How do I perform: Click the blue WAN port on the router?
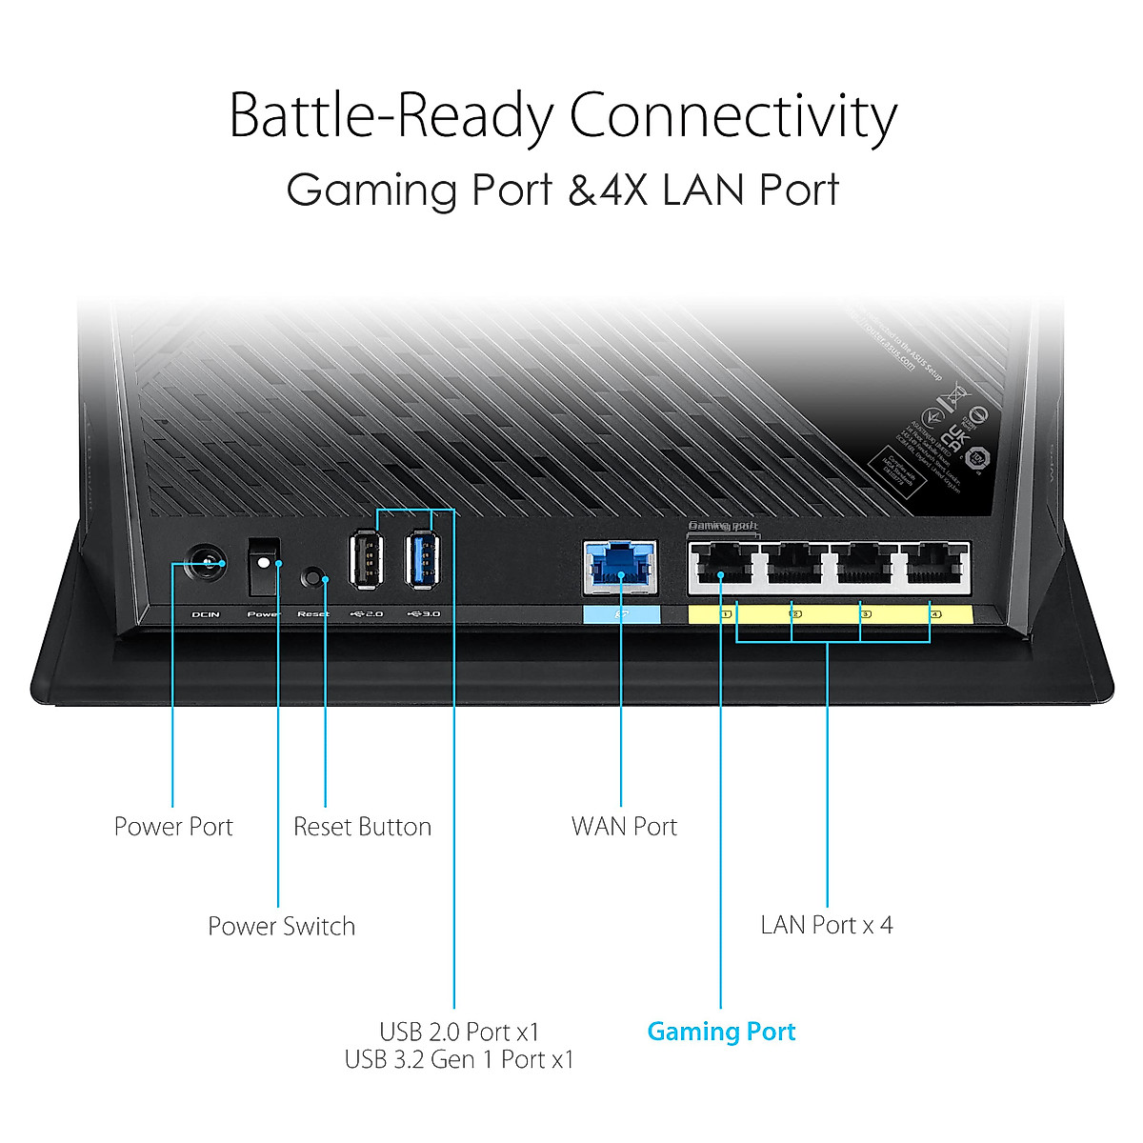coord(620,568)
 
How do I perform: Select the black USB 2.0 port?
coord(367,559)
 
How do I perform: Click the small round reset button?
coord(312,577)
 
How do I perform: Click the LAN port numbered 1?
coord(724,567)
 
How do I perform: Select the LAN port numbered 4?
coord(933,567)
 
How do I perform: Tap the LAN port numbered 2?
coord(793,567)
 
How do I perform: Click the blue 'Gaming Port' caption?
coord(721,1032)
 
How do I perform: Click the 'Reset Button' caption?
coord(362,827)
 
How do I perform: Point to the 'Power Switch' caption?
coord(281,926)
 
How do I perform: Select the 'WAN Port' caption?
coord(624,827)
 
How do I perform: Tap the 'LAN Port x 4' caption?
coord(827,925)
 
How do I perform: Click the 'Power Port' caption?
coord(173,827)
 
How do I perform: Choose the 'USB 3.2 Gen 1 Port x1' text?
coord(459,1059)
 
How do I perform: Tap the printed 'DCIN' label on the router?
coord(206,614)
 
